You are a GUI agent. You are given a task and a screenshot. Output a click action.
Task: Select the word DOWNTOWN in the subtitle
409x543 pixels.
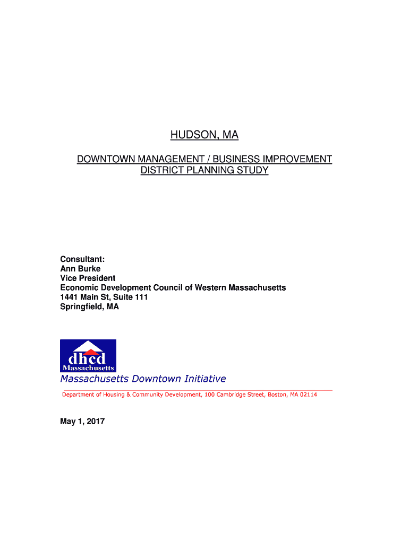coord(105,160)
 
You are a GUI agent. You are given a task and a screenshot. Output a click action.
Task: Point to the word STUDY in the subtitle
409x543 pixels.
coord(253,171)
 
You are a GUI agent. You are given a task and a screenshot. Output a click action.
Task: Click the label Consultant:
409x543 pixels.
coord(82,259)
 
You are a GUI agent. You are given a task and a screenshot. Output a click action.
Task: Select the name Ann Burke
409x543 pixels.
coord(80,268)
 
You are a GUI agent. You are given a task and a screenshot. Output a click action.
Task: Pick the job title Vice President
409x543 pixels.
coord(88,278)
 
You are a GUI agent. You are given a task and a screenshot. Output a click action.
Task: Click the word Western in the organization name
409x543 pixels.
coord(210,287)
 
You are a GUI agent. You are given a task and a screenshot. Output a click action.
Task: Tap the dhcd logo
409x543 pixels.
coord(88,355)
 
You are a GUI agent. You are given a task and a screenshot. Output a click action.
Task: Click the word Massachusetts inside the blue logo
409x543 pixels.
coord(88,367)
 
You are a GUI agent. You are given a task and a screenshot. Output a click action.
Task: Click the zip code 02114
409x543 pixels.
coord(308,395)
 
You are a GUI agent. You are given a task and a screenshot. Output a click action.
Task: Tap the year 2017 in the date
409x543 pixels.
coord(95,422)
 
